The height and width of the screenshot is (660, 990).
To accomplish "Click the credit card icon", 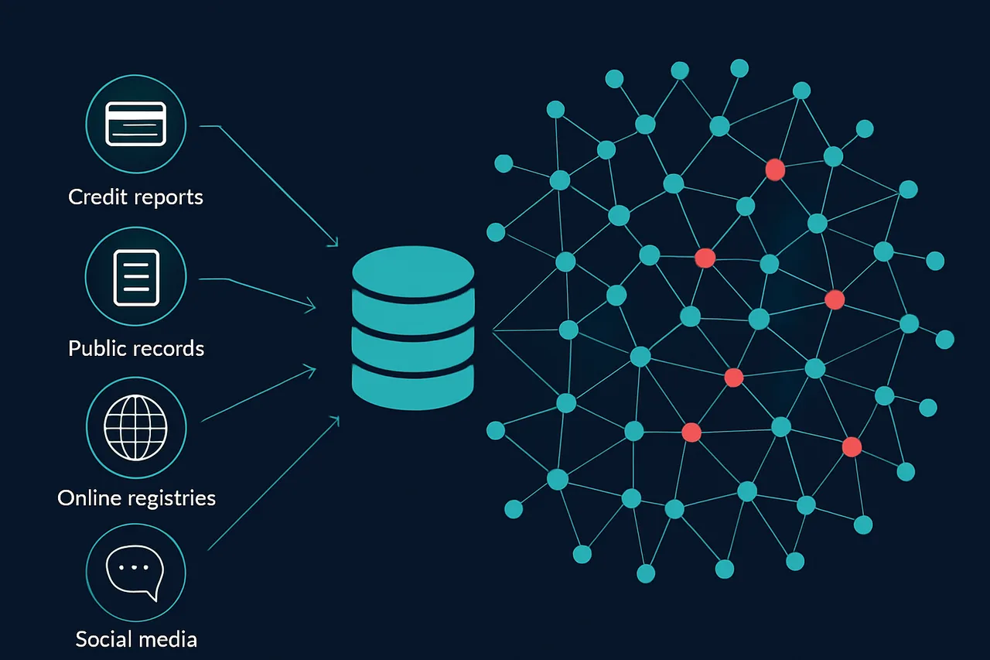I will pos(136,124).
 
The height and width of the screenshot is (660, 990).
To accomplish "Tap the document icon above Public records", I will pos(136,277).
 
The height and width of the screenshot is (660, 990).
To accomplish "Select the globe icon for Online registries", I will pos(136,427).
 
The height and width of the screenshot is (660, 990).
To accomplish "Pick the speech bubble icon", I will pos(136,573).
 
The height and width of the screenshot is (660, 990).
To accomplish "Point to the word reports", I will pos(165,197).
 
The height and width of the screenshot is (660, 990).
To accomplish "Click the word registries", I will pos(169,498).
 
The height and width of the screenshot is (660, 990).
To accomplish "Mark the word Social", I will pos(104,640).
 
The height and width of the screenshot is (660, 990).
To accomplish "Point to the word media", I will pos(166,640).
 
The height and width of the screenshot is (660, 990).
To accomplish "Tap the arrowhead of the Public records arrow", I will pos(312,307).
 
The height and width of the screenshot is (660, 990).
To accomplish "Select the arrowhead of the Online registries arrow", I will pos(312,369).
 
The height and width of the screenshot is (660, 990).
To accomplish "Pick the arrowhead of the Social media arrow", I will pos(336,419).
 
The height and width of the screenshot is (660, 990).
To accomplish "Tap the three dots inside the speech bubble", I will pos(135,567).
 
